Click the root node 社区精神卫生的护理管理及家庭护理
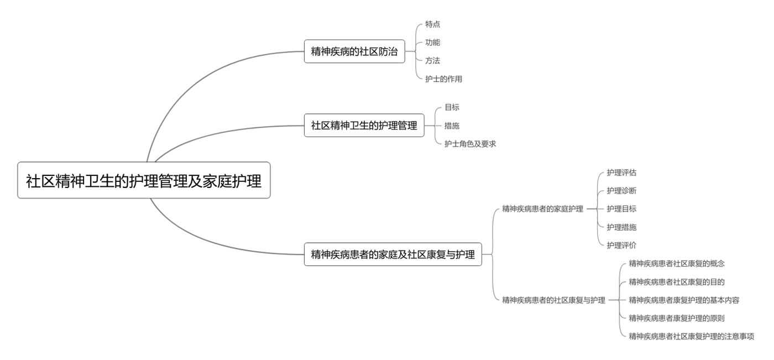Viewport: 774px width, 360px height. [144, 180]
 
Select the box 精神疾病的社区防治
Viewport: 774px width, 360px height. [354, 51]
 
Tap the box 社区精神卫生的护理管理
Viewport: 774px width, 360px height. [364, 126]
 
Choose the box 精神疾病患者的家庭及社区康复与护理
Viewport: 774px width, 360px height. [393, 254]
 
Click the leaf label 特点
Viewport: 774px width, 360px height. [432, 24]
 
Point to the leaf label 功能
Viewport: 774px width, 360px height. [432, 43]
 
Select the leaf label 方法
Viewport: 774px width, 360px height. [432, 61]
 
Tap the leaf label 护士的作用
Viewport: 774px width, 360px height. [443, 79]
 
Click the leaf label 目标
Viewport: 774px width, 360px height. [452, 107]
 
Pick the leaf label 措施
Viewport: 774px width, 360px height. [452, 126]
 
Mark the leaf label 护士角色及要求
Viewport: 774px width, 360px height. [470, 144]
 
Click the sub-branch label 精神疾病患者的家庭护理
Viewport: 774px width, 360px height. [542, 209]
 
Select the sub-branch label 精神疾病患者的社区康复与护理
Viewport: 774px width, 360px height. [553, 300]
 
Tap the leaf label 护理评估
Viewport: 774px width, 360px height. [621, 173]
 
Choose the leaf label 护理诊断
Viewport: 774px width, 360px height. [621, 191]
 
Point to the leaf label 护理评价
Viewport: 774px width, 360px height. [621, 246]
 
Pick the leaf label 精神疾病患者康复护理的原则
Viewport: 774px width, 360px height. [677, 319]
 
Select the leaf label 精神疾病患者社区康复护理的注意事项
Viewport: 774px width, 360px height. [691, 336]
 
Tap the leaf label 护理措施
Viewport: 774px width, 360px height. [621, 227]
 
